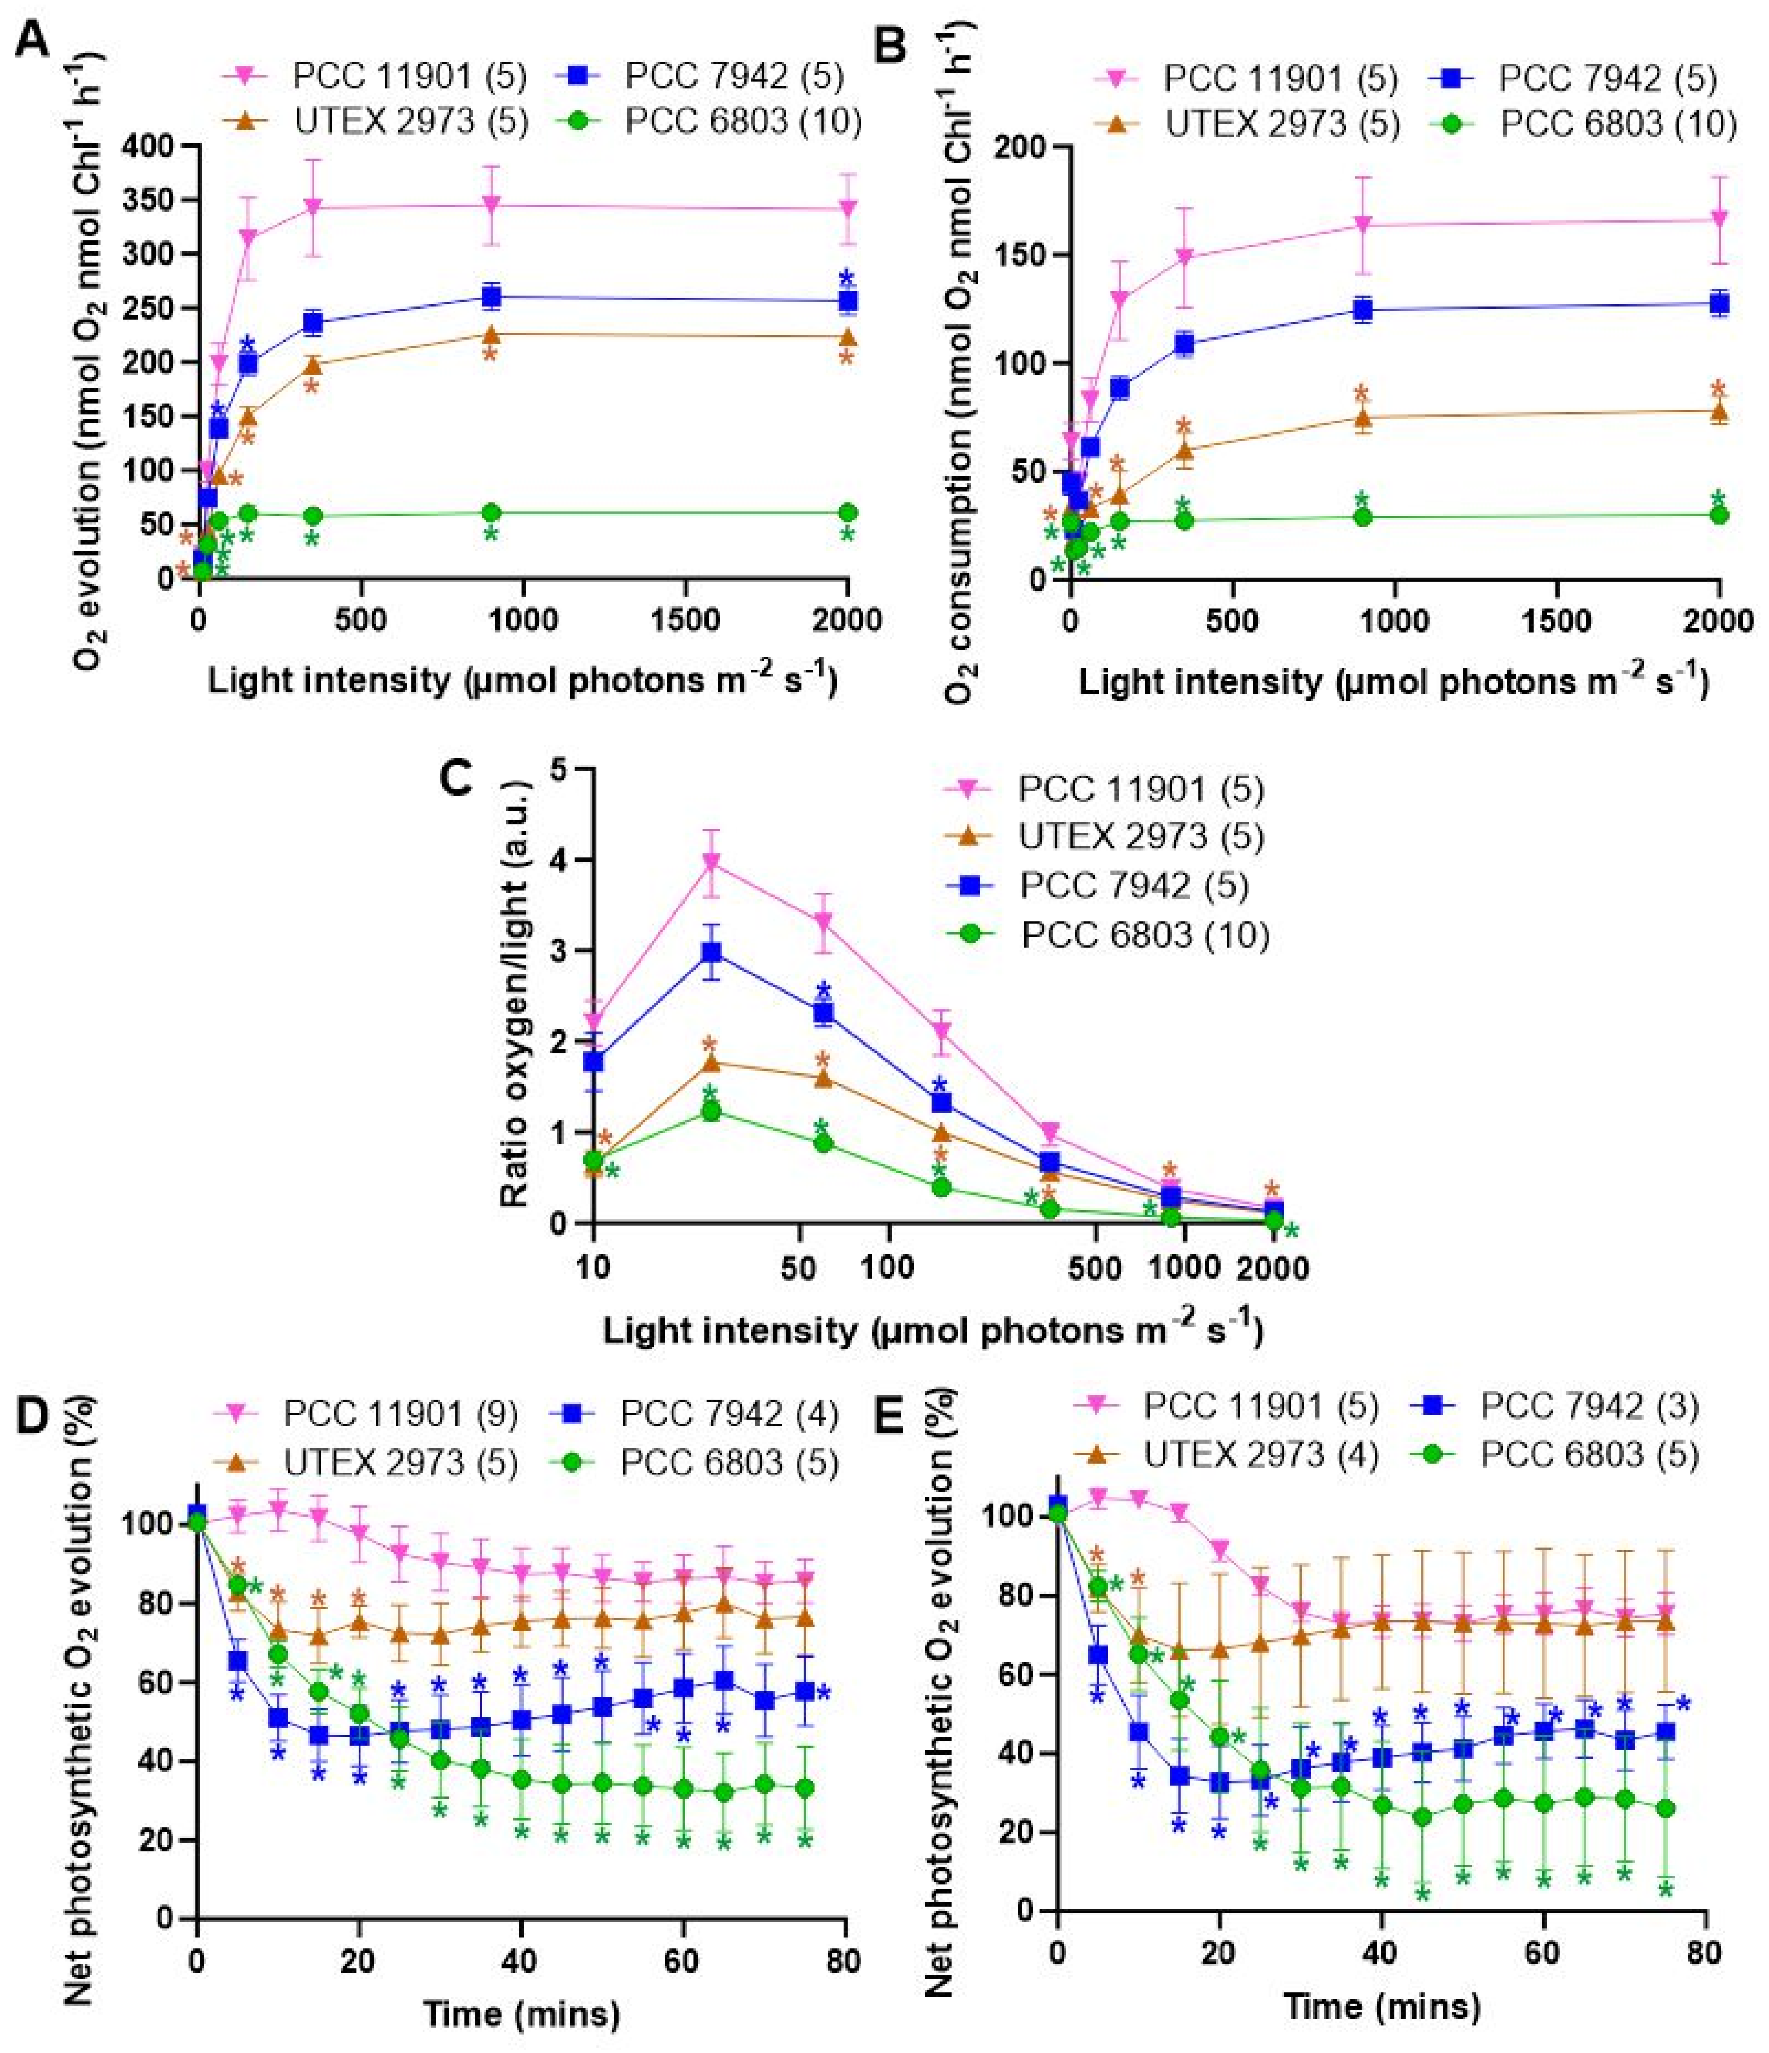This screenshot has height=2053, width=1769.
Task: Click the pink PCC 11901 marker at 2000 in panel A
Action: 847,208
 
